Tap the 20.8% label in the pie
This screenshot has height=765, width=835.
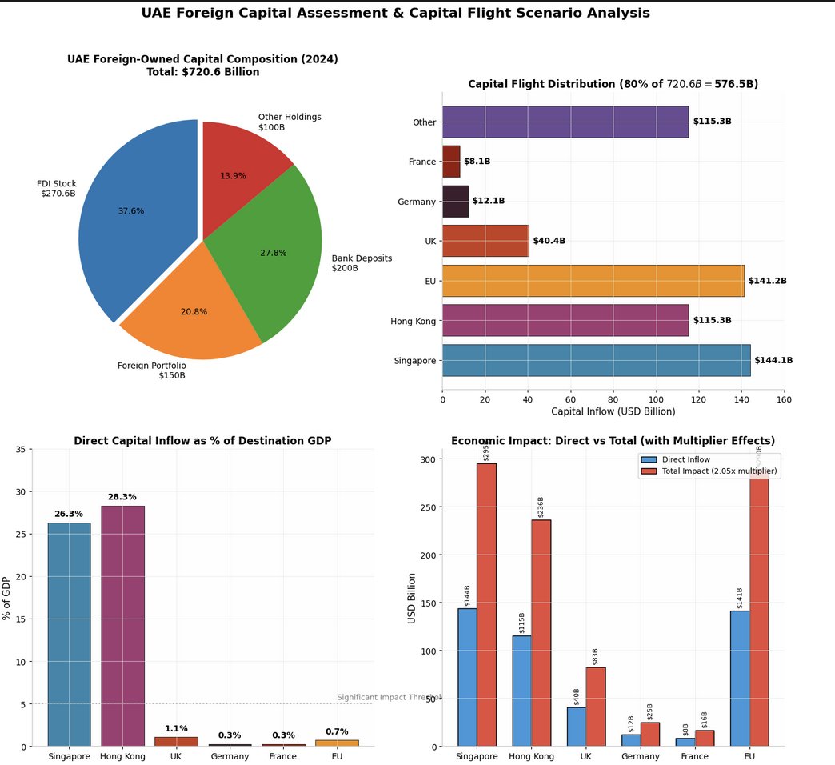pyautogui.click(x=194, y=311)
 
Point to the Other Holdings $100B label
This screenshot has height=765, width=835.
pyautogui.click(x=290, y=122)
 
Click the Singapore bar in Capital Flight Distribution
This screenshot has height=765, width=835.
pyautogui.click(x=596, y=360)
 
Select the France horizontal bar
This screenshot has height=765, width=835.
pyautogui.click(x=451, y=162)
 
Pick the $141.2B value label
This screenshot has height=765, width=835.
pyautogui.click(x=768, y=281)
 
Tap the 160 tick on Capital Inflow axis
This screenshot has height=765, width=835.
pyautogui.click(x=784, y=398)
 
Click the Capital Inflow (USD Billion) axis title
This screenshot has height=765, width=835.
pyautogui.click(x=613, y=411)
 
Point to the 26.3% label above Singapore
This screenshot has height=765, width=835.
pyautogui.click(x=69, y=514)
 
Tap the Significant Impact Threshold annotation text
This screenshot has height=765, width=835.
pyautogui.click(x=389, y=697)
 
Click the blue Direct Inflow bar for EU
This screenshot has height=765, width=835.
pyautogui.click(x=740, y=679)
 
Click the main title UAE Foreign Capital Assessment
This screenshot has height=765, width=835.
pyautogui.click(x=395, y=13)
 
